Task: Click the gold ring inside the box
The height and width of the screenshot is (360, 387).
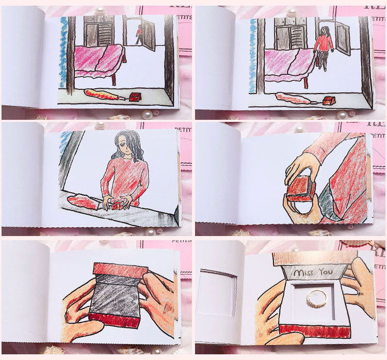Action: click(316, 298)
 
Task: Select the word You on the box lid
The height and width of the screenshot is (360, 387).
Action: click(326, 272)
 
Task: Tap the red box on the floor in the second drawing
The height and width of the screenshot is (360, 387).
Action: click(328, 100)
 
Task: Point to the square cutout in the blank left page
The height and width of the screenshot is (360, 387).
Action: click(219, 293)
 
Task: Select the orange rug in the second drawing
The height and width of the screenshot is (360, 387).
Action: click(293, 98)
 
